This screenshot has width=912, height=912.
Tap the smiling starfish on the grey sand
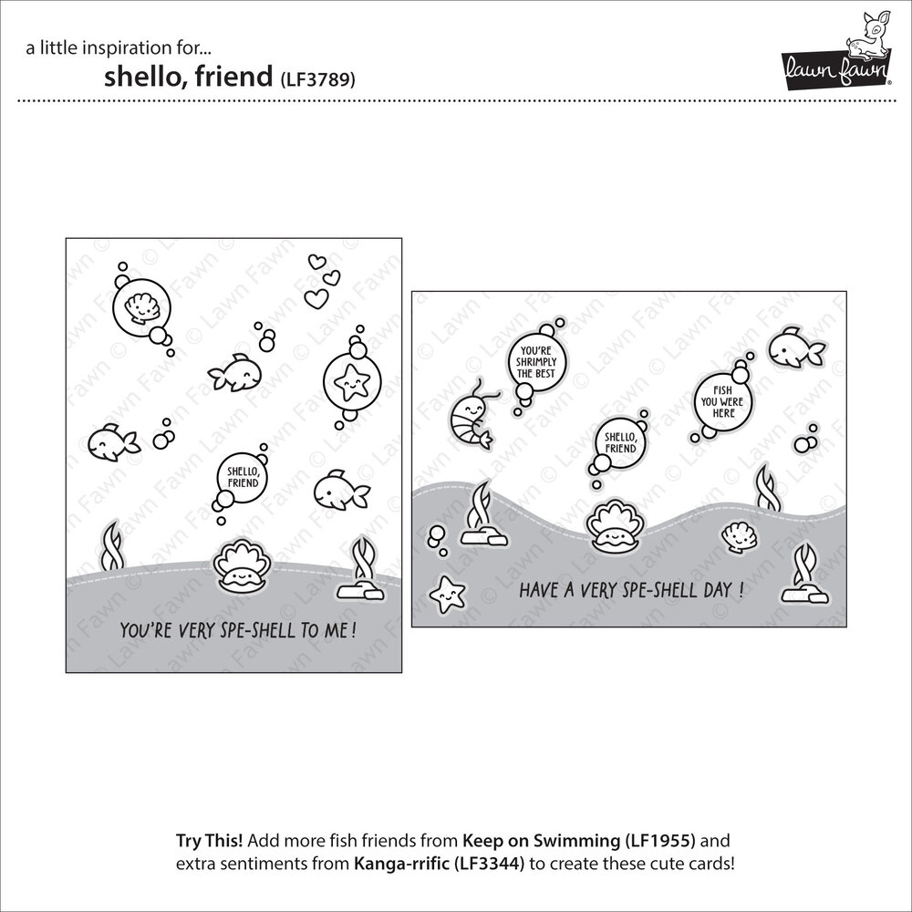(x=445, y=594)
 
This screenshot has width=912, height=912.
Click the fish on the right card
(x=794, y=347)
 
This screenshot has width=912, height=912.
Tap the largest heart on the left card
(x=316, y=297)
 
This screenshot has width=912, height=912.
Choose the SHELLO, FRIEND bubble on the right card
(x=621, y=444)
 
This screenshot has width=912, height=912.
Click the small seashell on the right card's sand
(x=738, y=537)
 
